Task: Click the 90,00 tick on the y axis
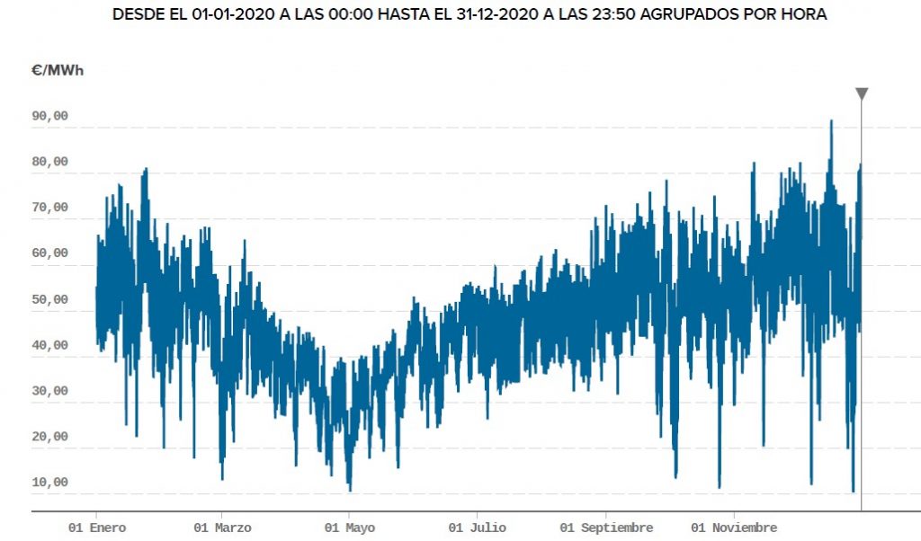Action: pyautogui.click(x=49, y=116)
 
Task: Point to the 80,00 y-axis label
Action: pyautogui.click(x=49, y=162)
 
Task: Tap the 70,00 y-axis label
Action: pyautogui.click(x=49, y=208)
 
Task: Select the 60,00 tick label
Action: pyautogui.click(x=49, y=253)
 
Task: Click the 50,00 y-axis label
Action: pyautogui.click(x=49, y=299)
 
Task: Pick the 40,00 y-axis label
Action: pyautogui.click(x=49, y=345)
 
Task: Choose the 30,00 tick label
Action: pyautogui.click(x=49, y=391)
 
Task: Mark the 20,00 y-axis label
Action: pyautogui.click(x=49, y=437)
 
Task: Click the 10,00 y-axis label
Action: pyautogui.click(x=49, y=483)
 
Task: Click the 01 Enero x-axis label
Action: pyautogui.click(x=97, y=528)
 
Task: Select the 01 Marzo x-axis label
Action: pyautogui.click(x=222, y=528)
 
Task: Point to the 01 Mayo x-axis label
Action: pyautogui.click(x=349, y=528)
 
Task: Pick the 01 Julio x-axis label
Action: pyautogui.click(x=477, y=528)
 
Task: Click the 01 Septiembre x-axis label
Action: pyautogui.click(x=605, y=528)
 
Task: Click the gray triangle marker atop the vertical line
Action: pyautogui.click(x=862, y=93)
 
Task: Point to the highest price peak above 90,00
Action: pyautogui.click(x=831, y=121)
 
